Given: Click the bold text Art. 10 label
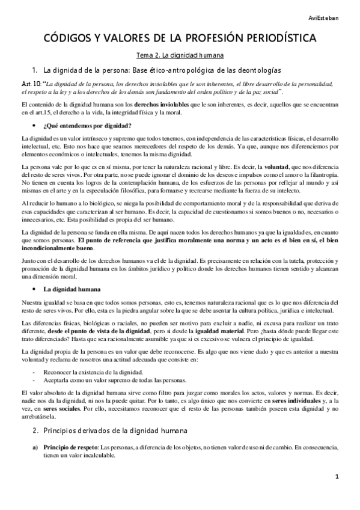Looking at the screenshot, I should pyautogui.click(x=31, y=84).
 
